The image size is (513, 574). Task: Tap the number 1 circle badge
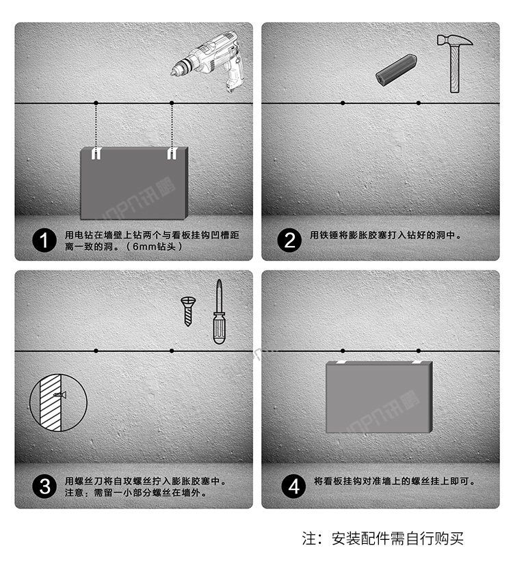coord(44,241)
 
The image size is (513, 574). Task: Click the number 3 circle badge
coord(44,487)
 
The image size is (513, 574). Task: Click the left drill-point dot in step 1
coord(96,103)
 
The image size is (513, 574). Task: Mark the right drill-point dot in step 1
coord(172,103)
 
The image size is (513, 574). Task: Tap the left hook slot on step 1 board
coord(96,152)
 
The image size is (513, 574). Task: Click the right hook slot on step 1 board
coord(172,152)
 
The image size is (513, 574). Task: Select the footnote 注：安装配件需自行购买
coord(383,538)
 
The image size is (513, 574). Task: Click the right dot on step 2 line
coord(419,103)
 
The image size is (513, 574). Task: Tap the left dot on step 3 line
coord(96,351)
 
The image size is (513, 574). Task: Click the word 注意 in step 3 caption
coord(73,492)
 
